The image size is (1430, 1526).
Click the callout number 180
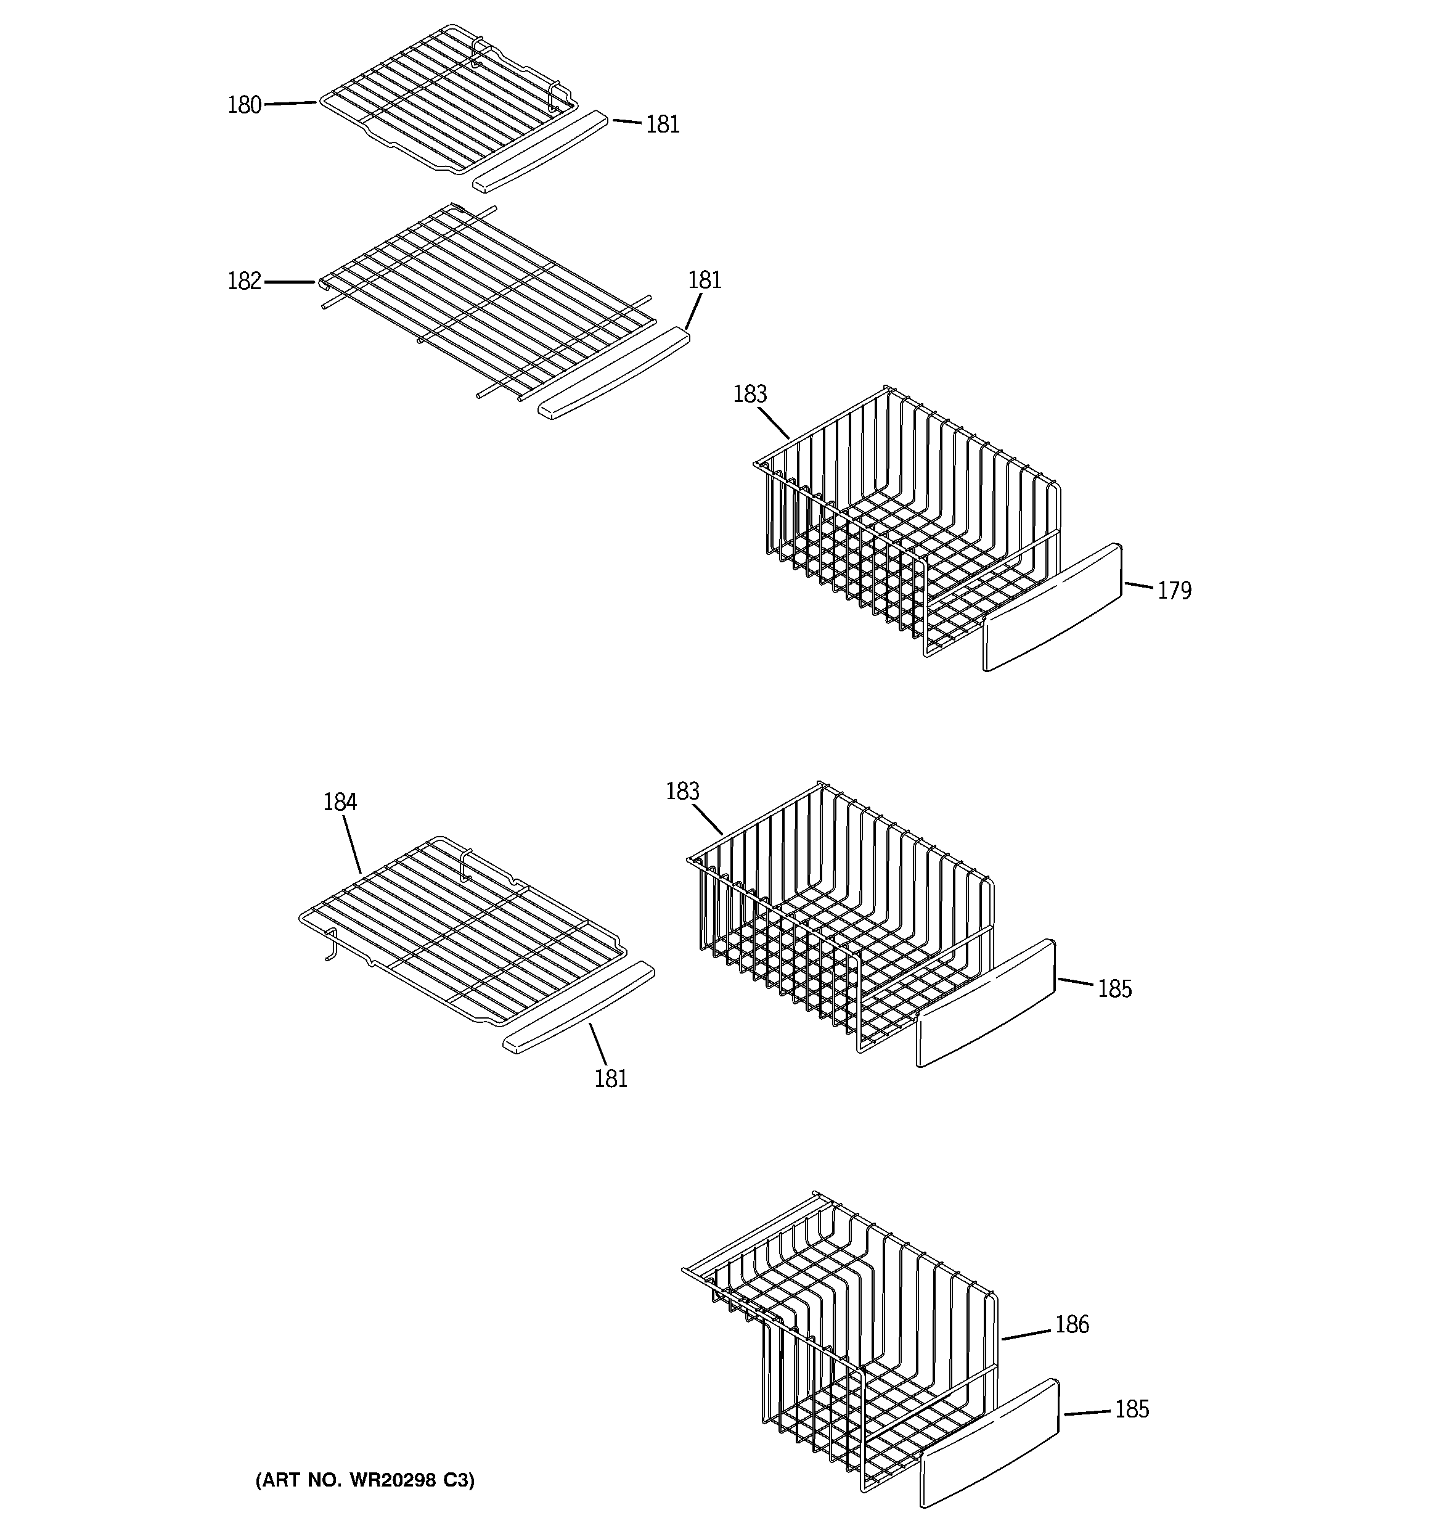pyautogui.click(x=244, y=105)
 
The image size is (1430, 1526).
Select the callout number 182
pyautogui.click(x=244, y=282)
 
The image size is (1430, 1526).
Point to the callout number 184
pyautogui.click(x=339, y=802)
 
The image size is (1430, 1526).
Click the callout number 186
pyautogui.click(x=1071, y=1324)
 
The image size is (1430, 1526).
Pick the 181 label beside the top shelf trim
pyautogui.click(x=663, y=125)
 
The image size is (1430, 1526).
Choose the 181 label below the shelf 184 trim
pyautogui.click(x=611, y=1079)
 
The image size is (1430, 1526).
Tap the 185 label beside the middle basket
pyautogui.click(x=1114, y=989)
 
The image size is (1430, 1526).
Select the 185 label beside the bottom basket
pyautogui.click(x=1132, y=1409)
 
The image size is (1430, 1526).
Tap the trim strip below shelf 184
pyautogui.click(x=579, y=1006)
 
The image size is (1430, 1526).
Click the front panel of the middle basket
pyautogui.click(x=986, y=1003)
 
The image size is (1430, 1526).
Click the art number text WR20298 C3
pyautogui.click(x=365, y=1480)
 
